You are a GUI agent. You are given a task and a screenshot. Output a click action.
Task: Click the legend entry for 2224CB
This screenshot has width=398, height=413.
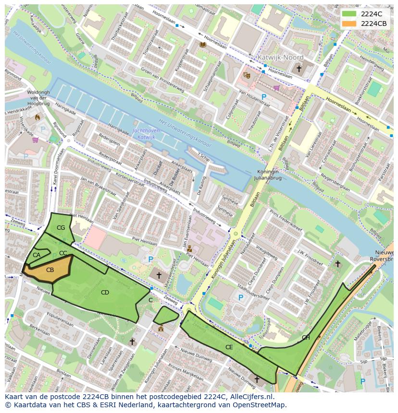373,24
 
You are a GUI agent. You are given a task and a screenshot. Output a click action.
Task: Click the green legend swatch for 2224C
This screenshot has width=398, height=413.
349,13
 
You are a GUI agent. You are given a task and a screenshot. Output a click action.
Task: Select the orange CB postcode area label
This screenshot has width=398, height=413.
50,270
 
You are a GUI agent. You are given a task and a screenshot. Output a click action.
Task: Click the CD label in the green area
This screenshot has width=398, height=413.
105,292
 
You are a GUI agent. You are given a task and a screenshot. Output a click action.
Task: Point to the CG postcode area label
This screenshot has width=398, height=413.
61,227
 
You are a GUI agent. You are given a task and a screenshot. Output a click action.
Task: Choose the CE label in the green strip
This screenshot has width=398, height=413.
229,347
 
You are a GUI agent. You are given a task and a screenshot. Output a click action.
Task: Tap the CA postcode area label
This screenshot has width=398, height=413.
37,255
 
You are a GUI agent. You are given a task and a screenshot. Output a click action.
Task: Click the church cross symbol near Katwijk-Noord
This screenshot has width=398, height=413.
298,69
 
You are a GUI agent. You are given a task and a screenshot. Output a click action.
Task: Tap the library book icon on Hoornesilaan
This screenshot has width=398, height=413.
202,45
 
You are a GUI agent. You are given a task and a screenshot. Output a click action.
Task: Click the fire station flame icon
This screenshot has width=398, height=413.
37,116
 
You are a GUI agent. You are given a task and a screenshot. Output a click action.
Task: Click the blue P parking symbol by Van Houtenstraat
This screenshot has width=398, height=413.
264,97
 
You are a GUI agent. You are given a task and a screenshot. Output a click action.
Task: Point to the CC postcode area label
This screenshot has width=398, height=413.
63,253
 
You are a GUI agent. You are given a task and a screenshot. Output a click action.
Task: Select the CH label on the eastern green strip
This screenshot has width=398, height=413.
306,337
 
